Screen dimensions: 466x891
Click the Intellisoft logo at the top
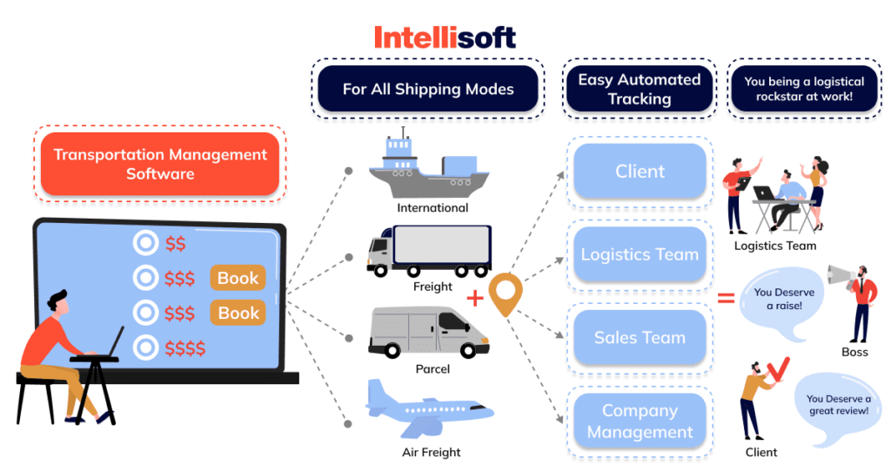click(x=445, y=37)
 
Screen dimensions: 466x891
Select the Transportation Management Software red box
click(x=159, y=164)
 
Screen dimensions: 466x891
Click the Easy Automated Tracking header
click(x=640, y=89)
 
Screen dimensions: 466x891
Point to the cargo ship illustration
click(x=426, y=165)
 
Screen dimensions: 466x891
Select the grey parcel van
click(x=425, y=332)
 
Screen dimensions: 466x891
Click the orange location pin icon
click(x=505, y=294)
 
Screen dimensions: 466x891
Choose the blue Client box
click(x=640, y=172)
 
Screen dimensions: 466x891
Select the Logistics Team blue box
click(x=640, y=254)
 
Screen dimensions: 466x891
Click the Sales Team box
click(x=640, y=337)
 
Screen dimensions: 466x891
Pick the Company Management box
click(x=640, y=421)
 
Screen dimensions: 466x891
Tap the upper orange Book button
click(x=238, y=278)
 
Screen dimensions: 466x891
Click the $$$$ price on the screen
click(x=184, y=349)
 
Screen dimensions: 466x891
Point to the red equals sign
click(x=725, y=299)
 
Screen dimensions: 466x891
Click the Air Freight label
click(x=432, y=452)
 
